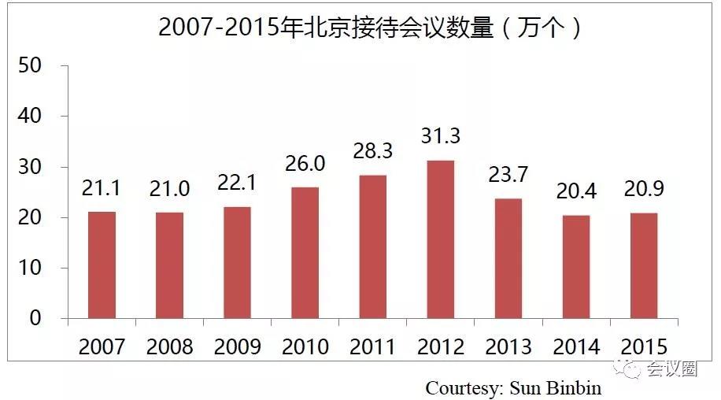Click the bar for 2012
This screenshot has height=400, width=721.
441,239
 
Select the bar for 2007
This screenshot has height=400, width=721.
102,265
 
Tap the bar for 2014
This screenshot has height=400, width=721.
577,267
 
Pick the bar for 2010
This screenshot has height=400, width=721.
305,253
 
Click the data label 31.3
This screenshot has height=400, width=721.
441,137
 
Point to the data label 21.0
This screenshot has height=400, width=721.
169,191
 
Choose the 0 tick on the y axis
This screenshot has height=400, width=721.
35,318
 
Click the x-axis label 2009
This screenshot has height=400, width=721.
237,346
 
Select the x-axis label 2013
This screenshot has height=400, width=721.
509,346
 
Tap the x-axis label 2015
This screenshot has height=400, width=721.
645,346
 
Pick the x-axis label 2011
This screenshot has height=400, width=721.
373,346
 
